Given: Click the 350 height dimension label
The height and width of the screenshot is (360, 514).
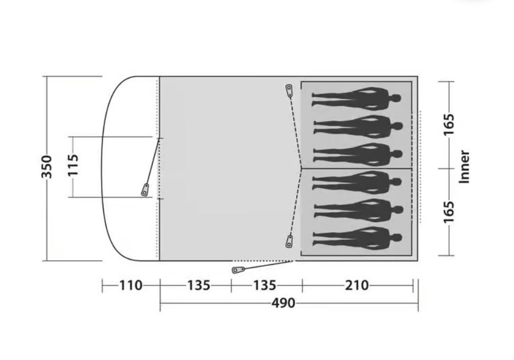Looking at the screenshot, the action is [x=47, y=167].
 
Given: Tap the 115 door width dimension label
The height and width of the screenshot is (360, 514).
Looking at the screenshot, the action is [x=73, y=165].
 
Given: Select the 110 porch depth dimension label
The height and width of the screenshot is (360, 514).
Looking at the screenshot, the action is [x=131, y=285].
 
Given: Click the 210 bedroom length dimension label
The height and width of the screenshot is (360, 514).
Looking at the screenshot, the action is [x=357, y=285].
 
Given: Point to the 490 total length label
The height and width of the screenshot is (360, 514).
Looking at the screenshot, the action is [x=283, y=303].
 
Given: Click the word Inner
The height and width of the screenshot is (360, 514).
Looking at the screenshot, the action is [x=464, y=167].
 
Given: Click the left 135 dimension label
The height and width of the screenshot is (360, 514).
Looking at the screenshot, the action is [x=199, y=285].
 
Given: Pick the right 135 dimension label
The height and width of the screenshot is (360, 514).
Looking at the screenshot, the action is [x=264, y=285].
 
